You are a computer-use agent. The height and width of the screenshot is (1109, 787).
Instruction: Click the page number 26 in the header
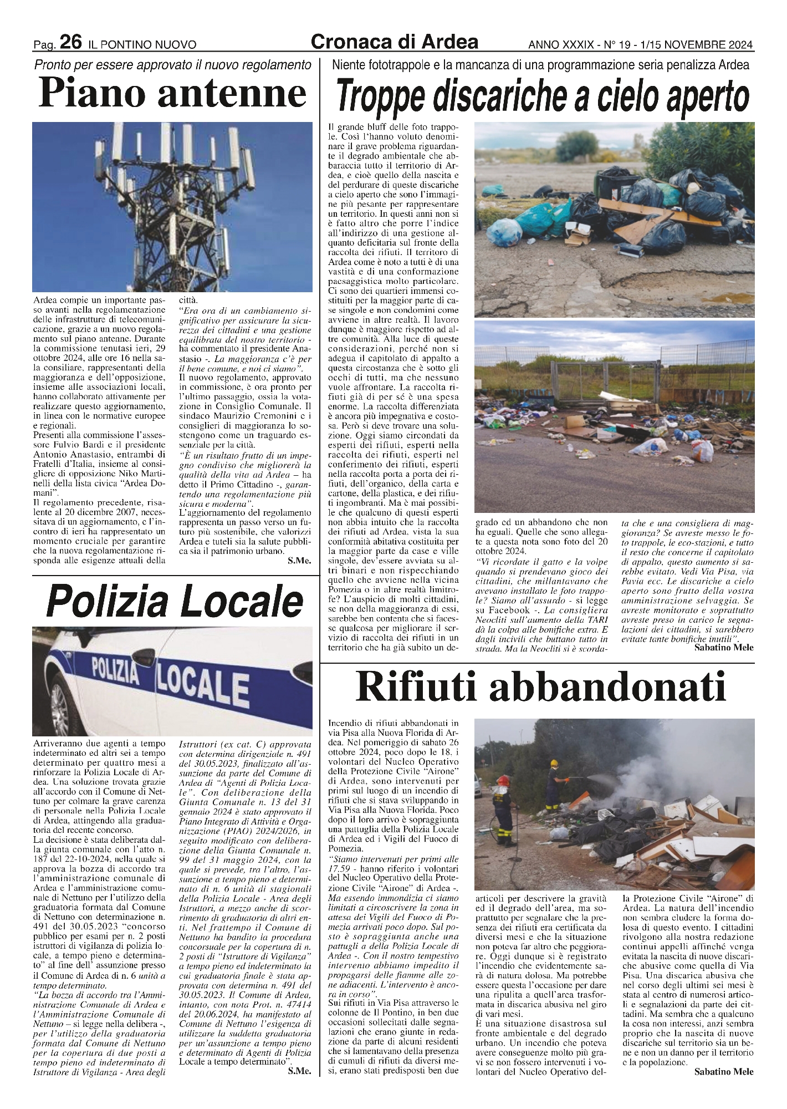click(71, 42)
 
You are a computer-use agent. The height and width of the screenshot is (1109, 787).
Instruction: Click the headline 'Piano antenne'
click(172, 94)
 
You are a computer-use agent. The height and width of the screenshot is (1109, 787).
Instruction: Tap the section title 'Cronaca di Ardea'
click(394, 42)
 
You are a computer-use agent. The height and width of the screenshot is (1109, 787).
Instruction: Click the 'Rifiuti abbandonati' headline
click(540, 688)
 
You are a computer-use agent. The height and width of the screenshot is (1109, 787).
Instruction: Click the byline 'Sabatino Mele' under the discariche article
click(724, 647)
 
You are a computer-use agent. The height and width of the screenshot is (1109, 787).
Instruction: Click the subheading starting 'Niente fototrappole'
click(540, 65)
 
